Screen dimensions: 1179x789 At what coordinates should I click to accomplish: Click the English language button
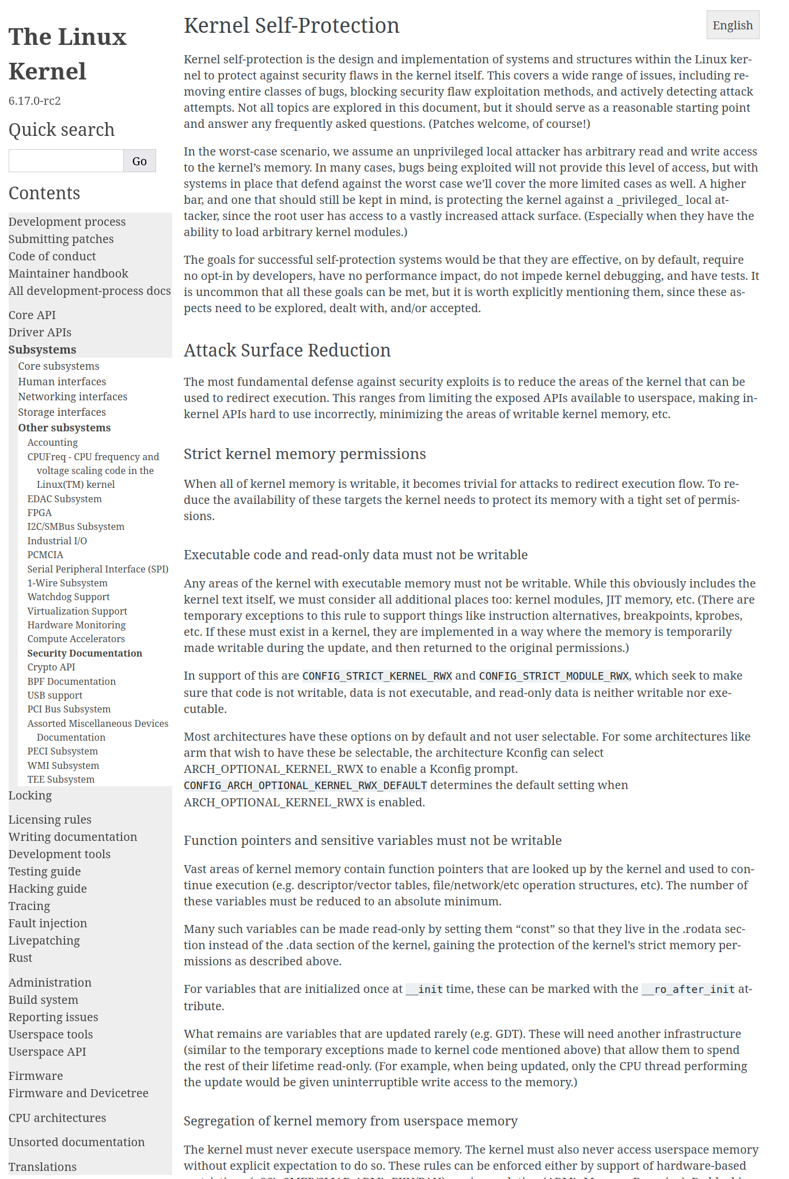tap(733, 25)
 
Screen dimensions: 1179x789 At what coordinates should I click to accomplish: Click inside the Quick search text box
tap(66, 161)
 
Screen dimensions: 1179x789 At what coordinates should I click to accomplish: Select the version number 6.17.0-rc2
tap(35, 101)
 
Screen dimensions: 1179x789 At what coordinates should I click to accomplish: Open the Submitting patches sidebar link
tap(61, 239)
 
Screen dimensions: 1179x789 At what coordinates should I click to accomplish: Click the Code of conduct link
tap(52, 256)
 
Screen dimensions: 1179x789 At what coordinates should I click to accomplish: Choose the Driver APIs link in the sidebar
tap(40, 332)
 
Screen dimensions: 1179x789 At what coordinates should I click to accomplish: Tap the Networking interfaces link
tap(73, 397)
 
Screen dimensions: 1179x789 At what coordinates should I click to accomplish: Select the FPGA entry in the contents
tap(40, 513)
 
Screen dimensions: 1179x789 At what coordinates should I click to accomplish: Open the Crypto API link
tap(51, 667)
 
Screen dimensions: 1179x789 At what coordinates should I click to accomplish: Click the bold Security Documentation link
tap(85, 653)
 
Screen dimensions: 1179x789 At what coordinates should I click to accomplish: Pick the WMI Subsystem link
tap(63, 765)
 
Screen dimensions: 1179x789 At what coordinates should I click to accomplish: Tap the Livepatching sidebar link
tap(44, 941)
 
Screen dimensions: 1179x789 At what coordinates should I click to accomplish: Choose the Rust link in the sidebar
tap(20, 958)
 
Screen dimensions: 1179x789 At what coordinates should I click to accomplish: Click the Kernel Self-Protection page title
tap(291, 26)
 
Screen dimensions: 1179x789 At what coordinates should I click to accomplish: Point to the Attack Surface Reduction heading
tap(287, 350)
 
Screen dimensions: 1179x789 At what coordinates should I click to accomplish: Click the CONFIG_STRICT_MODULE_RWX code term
tap(554, 676)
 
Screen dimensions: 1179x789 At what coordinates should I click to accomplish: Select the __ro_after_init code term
tap(688, 990)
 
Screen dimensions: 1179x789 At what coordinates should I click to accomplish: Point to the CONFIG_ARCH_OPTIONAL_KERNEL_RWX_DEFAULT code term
tap(305, 786)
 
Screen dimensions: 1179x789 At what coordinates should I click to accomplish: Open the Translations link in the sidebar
tap(43, 1167)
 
